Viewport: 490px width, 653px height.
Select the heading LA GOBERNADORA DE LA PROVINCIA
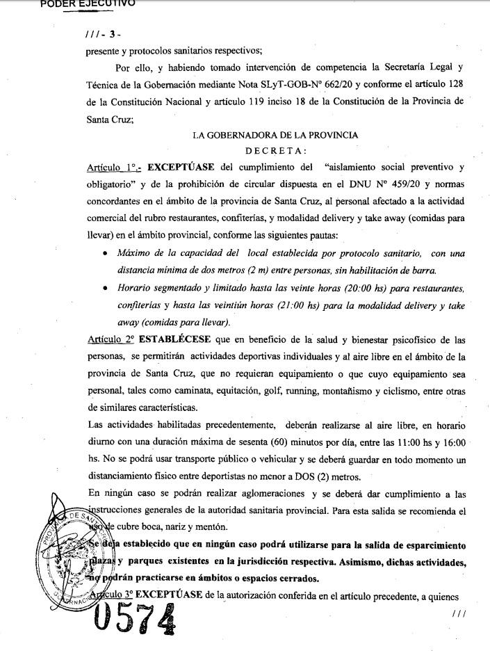275,136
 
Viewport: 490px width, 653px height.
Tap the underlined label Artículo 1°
113,168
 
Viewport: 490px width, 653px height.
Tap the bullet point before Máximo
104,253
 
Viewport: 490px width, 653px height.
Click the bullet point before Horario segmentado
104,287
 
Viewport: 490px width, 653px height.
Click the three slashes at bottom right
458,613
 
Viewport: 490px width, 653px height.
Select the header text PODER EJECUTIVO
88,3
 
